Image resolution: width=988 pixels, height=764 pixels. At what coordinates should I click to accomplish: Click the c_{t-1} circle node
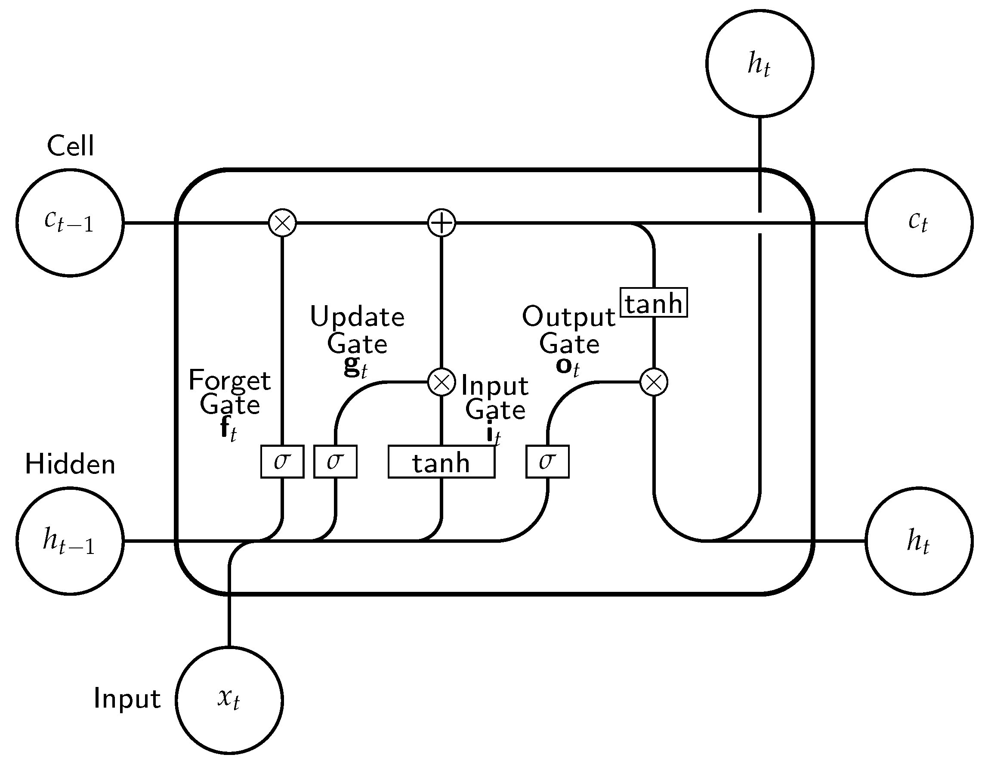(70, 223)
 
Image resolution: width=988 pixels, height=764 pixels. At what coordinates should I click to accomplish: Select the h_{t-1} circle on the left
(70, 541)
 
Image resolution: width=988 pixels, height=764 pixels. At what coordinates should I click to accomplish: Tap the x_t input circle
(229, 700)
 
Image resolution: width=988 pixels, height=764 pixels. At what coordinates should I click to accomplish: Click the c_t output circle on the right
(919, 223)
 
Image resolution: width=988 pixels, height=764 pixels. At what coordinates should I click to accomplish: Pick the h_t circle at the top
(760, 63)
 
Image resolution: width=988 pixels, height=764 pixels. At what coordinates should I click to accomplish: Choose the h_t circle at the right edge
(919, 541)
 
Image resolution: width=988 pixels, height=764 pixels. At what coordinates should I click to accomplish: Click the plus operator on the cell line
(442, 223)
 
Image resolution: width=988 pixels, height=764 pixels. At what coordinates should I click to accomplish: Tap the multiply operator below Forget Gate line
(282, 223)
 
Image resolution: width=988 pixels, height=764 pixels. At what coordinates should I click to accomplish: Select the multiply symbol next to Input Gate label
(442, 382)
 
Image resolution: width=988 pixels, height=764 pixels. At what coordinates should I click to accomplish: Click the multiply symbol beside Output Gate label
(654, 382)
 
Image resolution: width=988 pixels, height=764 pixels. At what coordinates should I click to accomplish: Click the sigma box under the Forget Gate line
(282, 462)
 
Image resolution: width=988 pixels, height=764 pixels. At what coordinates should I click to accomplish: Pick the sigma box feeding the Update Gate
(335, 462)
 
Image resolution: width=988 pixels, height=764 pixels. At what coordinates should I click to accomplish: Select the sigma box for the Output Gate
(547, 462)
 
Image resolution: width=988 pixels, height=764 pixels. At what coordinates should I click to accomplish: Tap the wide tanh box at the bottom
(442, 462)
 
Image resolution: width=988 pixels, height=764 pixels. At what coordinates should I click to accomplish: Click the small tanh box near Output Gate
(654, 302)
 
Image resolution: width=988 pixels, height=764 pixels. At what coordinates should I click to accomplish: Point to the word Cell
(71, 146)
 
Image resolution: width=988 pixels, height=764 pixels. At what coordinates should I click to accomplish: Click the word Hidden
(70, 464)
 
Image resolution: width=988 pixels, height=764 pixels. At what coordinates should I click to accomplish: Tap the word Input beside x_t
(127, 699)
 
